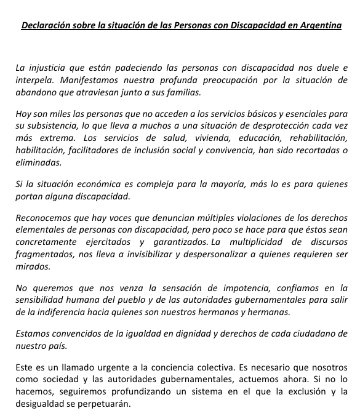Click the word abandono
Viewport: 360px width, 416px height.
pos(37,92)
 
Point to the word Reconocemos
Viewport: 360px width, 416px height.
pos(44,218)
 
